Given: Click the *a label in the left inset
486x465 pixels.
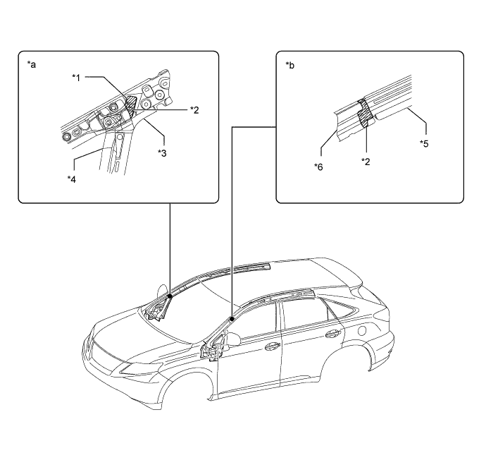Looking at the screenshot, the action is (31, 65).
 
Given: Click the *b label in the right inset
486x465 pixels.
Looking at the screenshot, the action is (289, 65).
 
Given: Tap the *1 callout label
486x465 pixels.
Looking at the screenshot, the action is (76, 78).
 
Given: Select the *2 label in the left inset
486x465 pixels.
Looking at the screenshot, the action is (194, 109).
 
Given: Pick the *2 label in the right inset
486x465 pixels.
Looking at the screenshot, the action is (366, 162).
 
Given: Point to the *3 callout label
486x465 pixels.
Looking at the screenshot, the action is (162, 152).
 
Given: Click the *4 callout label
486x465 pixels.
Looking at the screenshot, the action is (72, 179).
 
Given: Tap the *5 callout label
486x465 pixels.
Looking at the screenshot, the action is (424, 143).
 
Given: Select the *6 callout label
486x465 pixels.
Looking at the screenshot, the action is (318, 167).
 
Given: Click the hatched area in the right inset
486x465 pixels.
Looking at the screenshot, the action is (365, 114).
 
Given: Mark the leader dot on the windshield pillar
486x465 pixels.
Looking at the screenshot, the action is (170, 296).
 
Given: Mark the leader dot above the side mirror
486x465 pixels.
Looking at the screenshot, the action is (232, 319).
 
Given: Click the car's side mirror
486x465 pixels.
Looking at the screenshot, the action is (235, 339).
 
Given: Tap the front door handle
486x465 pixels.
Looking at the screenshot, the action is (272, 346).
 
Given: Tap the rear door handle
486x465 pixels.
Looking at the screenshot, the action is (333, 334).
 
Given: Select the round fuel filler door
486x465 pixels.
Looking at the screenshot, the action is (362, 330).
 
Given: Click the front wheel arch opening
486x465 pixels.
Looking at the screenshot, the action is (185, 388).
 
